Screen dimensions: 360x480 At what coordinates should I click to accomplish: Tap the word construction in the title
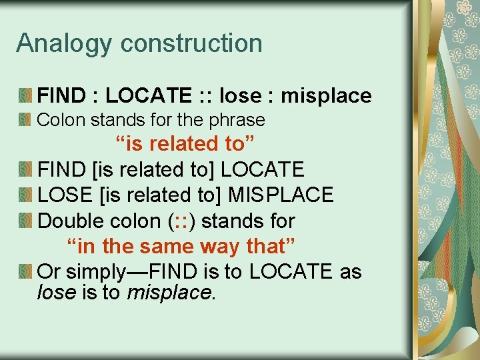tap(192, 43)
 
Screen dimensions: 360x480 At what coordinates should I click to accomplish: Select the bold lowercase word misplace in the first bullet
tap(326, 96)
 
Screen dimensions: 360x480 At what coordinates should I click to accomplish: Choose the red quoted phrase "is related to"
tap(185, 144)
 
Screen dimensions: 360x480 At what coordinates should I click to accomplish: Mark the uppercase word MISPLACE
tap(281, 195)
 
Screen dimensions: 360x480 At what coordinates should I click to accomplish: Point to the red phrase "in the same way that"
tap(181, 246)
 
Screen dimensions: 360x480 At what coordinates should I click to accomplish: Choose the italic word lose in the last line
tap(57, 291)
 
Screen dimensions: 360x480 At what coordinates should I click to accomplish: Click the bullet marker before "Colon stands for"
tap(26, 121)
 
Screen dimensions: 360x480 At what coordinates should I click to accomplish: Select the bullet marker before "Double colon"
tap(26, 220)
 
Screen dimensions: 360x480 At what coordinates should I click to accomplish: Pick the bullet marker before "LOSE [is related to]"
tap(26, 195)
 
